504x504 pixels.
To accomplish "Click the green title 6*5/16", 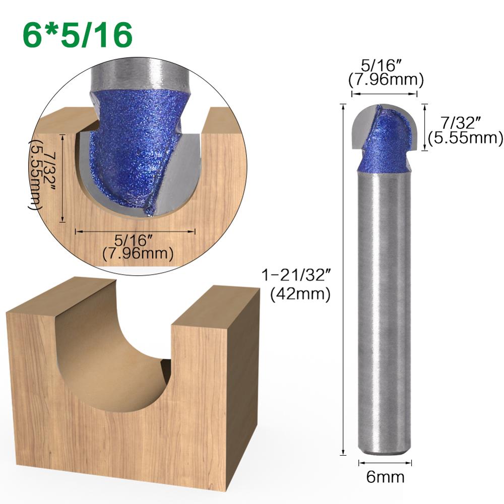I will click(x=77, y=34).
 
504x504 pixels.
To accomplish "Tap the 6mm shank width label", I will click(x=385, y=476).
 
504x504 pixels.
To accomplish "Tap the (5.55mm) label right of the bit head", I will click(x=465, y=137).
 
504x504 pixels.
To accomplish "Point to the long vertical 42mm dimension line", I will click(x=344, y=277).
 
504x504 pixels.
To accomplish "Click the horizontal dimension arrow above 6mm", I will click(x=385, y=462).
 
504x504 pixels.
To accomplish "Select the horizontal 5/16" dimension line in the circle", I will click(x=135, y=231).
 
